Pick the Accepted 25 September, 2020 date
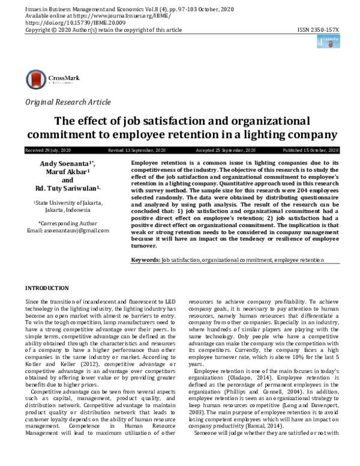226,150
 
